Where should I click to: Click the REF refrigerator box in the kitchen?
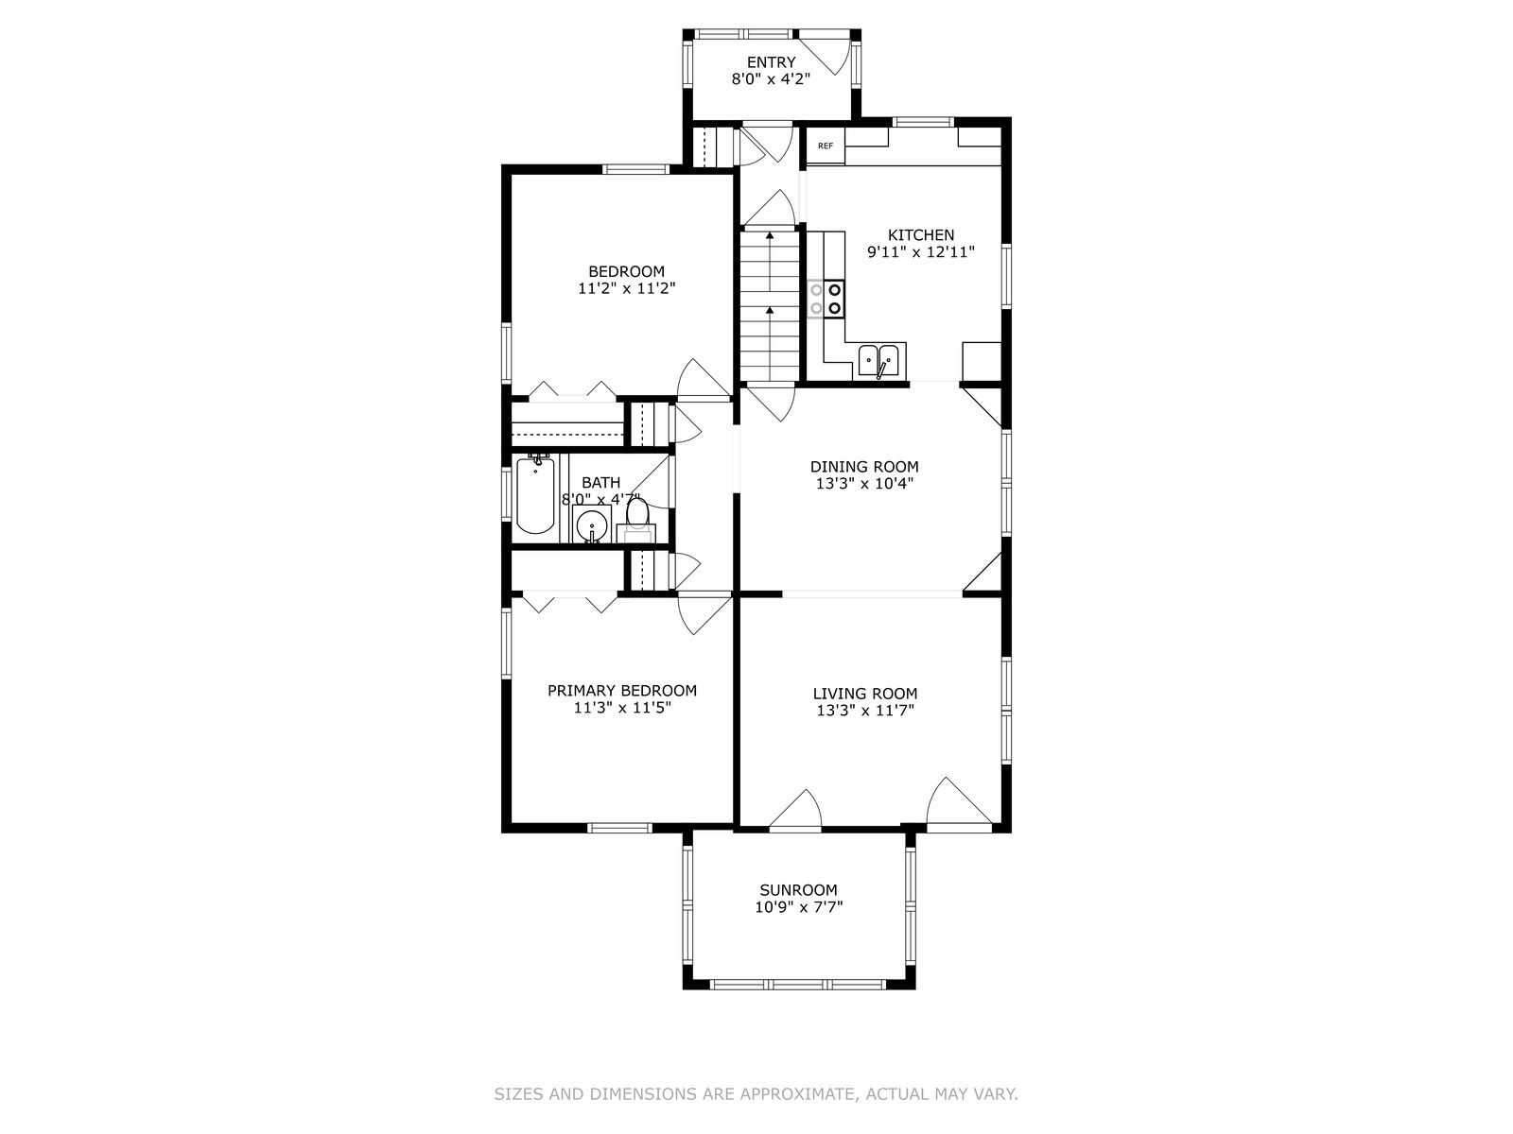click(826, 146)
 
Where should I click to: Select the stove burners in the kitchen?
click(826, 299)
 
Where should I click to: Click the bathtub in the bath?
click(535, 493)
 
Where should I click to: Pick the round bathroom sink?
click(591, 526)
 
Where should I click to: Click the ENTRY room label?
click(771, 62)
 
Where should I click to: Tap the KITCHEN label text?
click(921, 234)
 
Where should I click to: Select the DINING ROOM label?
click(864, 466)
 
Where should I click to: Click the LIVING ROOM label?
click(865, 694)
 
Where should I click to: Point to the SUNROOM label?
click(798, 889)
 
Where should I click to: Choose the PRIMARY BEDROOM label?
click(621, 690)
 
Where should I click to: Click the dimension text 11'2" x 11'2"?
click(627, 288)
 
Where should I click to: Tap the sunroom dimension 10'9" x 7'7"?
click(799, 907)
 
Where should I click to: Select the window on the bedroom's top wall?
click(635, 169)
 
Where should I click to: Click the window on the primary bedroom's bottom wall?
click(619, 828)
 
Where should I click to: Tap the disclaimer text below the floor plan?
click(756, 1094)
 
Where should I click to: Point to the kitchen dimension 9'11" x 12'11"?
click(921, 252)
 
